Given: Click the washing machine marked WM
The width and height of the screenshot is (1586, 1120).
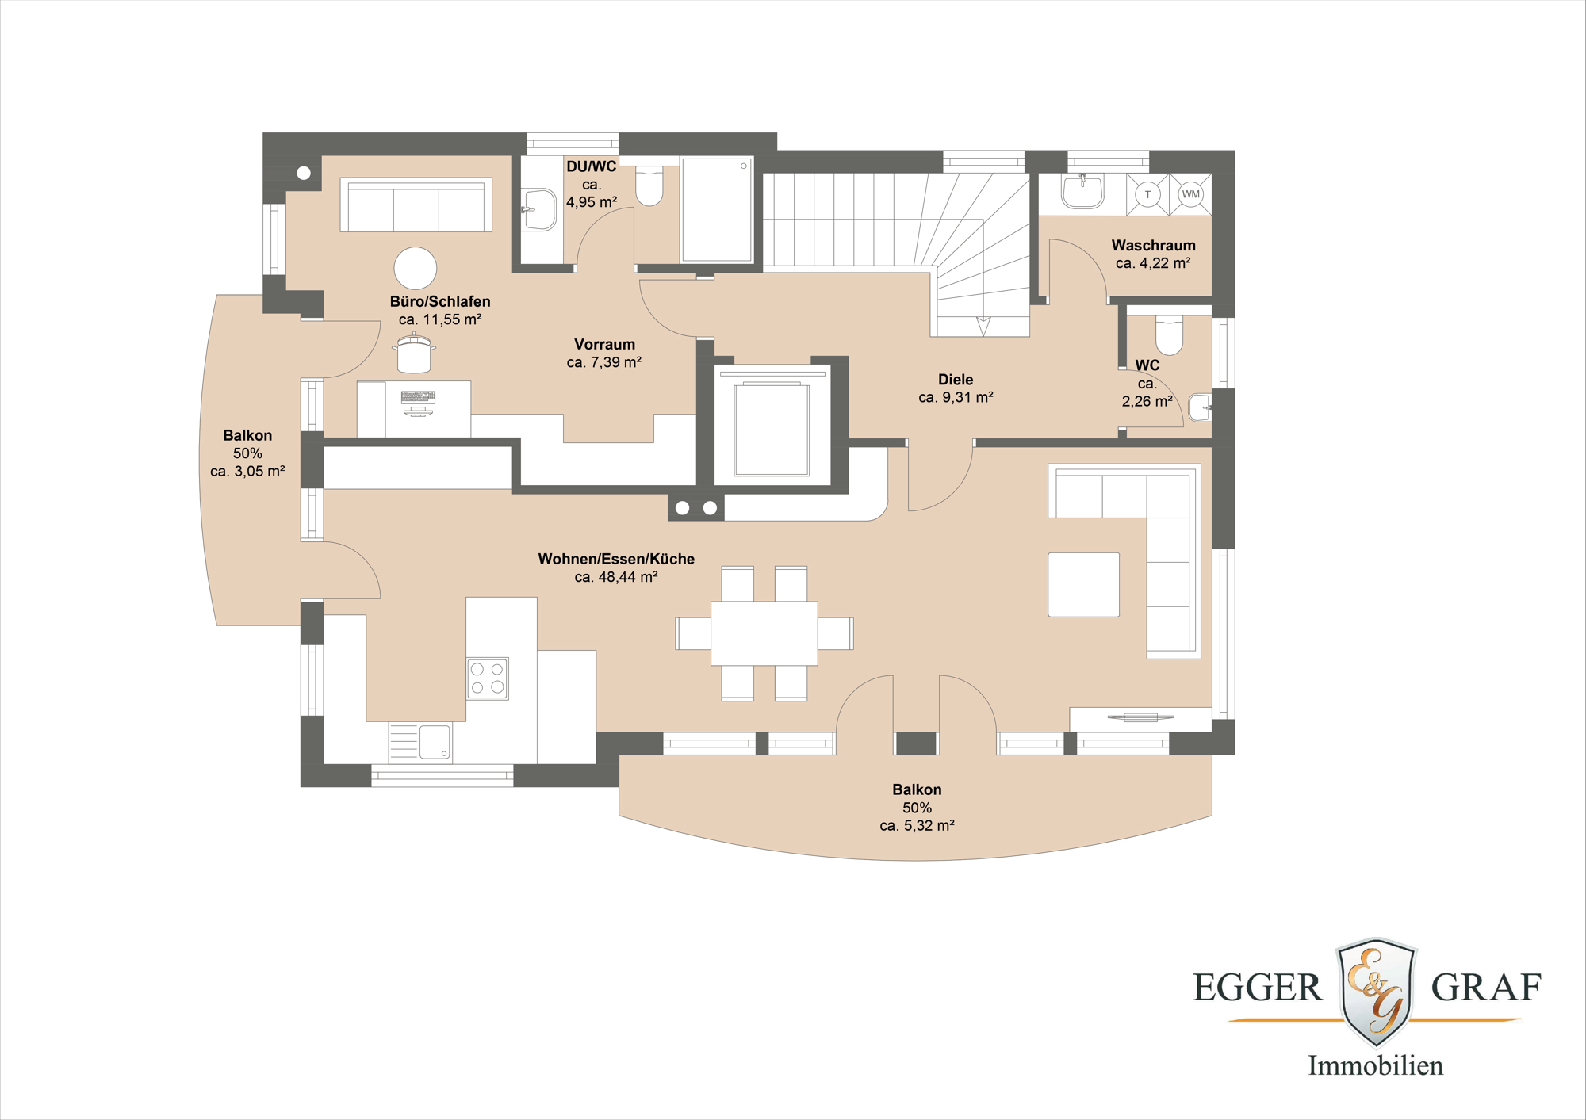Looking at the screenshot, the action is click(1190, 194).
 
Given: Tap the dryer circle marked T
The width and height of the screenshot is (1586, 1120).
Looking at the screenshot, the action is click(1147, 194).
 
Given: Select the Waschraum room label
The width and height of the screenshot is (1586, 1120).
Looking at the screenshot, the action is click(1153, 246).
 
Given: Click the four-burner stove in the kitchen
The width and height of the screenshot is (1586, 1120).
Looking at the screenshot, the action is click(487, 678).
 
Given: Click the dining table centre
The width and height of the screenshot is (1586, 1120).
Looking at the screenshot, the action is click(764, 633).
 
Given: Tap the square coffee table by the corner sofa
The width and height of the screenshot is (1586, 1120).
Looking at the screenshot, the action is click(1083, 584).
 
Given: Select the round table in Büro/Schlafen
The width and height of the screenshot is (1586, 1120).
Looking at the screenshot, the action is click(415, 268).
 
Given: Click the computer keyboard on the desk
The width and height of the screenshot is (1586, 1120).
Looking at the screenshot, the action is click(418, 396).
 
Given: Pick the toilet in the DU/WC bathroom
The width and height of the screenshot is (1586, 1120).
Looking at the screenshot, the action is click(649, 185).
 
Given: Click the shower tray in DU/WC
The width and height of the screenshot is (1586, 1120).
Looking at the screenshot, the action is click(716, 209).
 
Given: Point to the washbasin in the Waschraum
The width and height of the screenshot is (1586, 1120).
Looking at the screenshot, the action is click(1082, 191).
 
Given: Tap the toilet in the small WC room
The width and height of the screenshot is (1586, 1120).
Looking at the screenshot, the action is click(1169, 335).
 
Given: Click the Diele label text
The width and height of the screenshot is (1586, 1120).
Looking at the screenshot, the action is click(956, 380).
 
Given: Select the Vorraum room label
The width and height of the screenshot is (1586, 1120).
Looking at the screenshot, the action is click(604, 344).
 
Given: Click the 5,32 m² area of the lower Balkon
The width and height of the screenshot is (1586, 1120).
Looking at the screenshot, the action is click(917, 825).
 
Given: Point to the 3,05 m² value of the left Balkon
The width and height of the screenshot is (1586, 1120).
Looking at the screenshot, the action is click(247, 471).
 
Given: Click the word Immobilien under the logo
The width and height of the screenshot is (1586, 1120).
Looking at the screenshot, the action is click(1375, 1065).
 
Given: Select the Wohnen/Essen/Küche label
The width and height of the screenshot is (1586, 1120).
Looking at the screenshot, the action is click(616, 559).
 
